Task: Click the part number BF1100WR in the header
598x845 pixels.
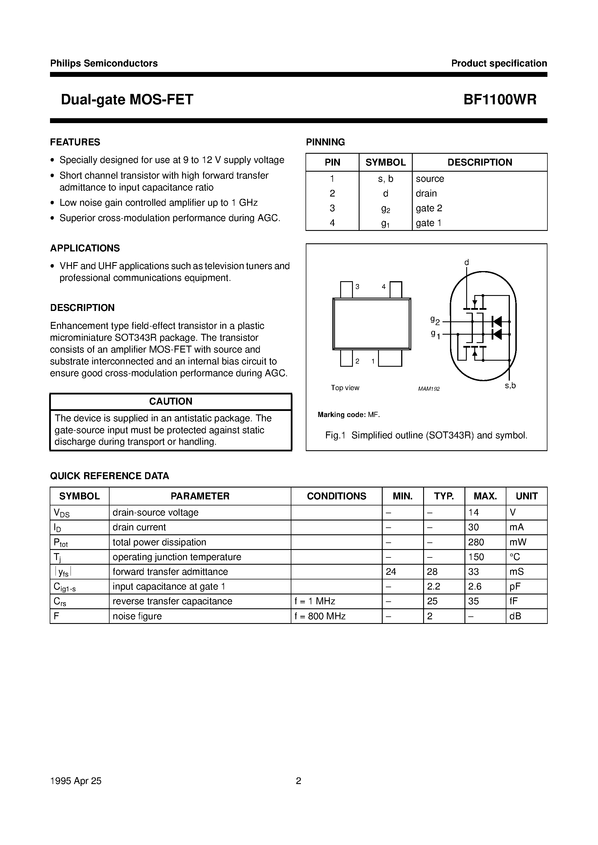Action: point(499,100)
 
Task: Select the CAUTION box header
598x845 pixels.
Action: point(171,401)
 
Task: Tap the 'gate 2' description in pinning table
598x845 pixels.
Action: point(429,208)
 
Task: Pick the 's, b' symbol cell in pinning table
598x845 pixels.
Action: point(385,179)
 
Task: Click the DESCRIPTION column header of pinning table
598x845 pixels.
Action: point(479,162)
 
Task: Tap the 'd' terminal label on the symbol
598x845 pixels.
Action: point(466,262)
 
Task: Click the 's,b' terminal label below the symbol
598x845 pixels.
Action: point(510,386)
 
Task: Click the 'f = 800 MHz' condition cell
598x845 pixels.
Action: point(320,616)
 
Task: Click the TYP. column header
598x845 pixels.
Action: point(444,496)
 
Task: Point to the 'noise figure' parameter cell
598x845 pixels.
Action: point(137,616)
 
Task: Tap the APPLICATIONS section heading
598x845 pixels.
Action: point(85,248)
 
